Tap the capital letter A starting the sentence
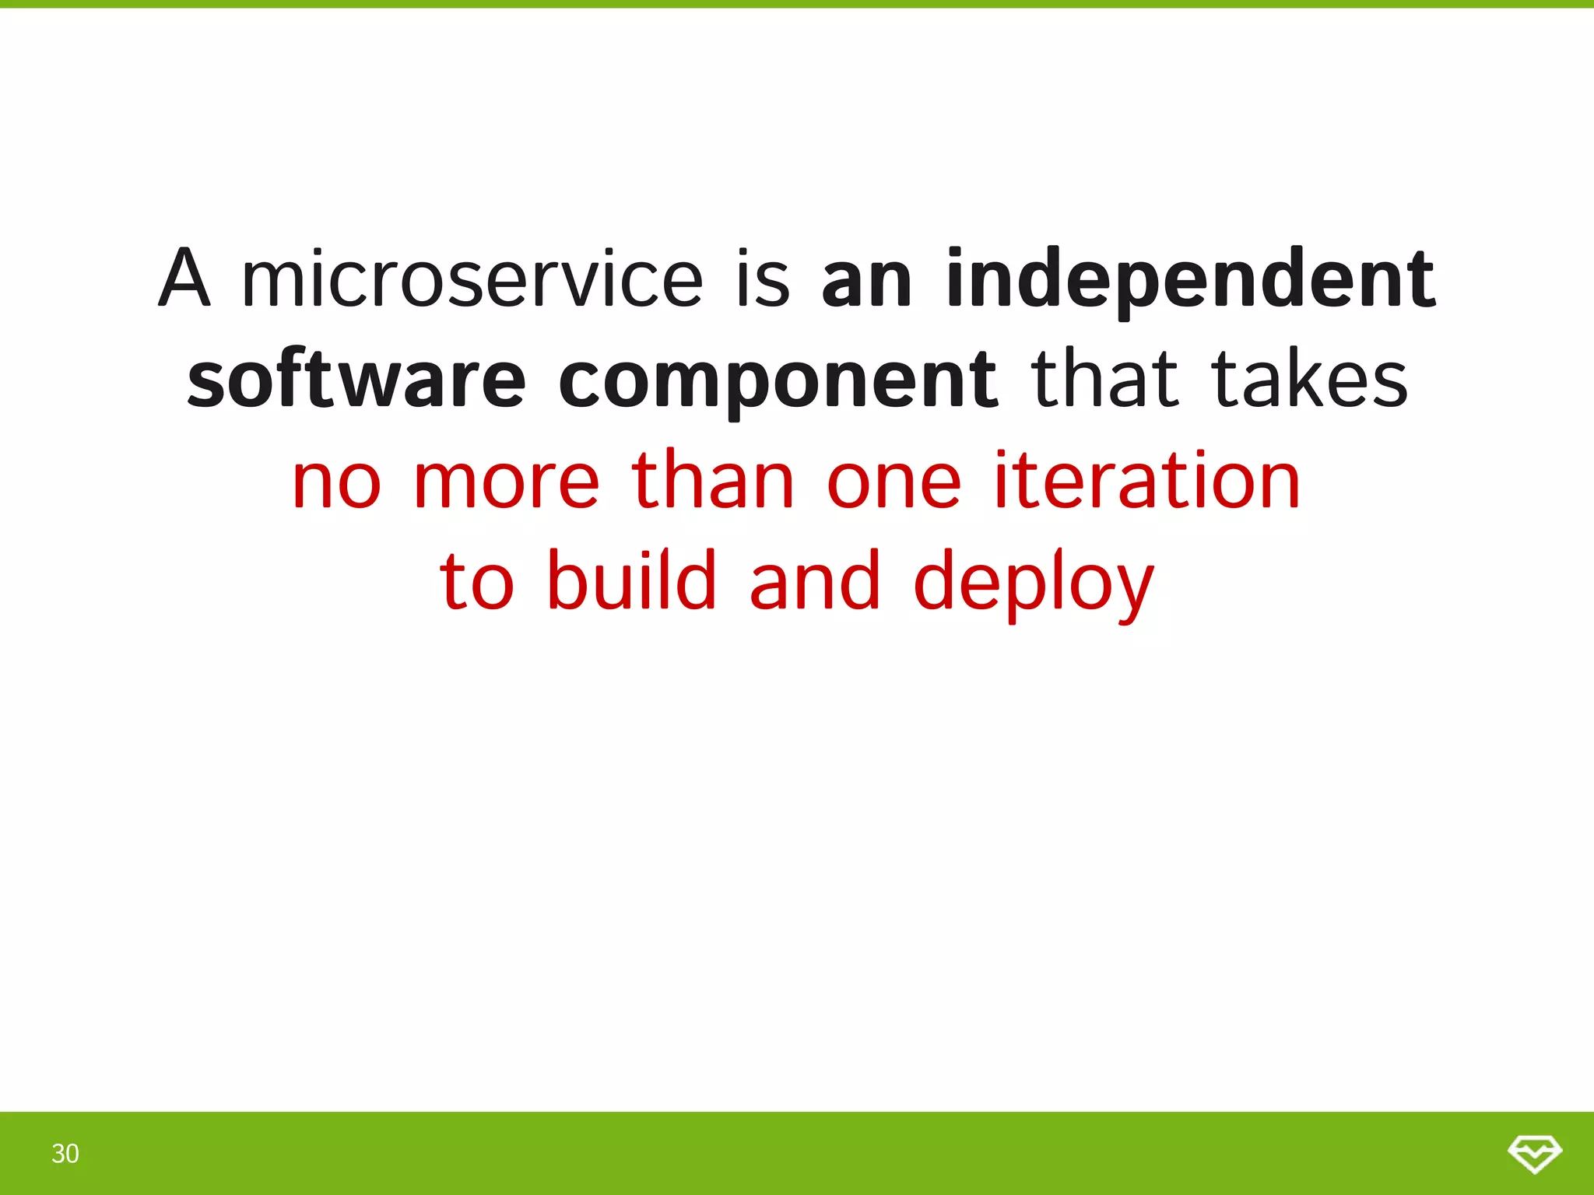coord(184,279)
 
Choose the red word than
coord(712,482)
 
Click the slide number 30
coord(65,1153)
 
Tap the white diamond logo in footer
coord(1534,1153)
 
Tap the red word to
coord(476,582)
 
